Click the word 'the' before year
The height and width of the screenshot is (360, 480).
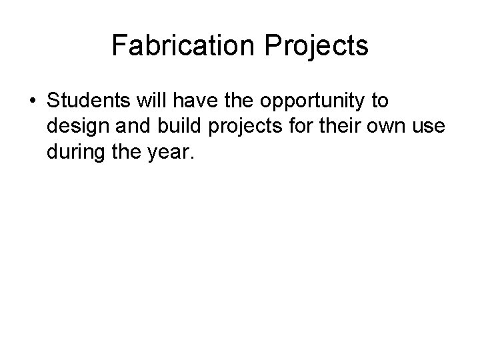(122, 154)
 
